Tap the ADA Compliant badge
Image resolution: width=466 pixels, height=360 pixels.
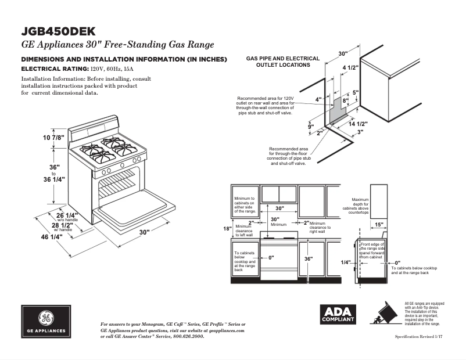tap(336, 315)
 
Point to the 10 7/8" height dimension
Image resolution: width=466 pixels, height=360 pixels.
tap(53, 138)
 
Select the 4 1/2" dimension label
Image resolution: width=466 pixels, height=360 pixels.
tap(350, 68)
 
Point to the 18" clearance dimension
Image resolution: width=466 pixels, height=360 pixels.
tap(227, 228)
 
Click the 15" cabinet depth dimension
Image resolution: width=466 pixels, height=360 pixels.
tap(379, 225)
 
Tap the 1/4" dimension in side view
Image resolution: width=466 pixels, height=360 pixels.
tap(345, 262)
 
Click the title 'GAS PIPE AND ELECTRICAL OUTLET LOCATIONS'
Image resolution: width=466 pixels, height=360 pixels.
tap(283, 62)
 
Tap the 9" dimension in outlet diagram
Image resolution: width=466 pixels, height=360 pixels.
tap(311, 127)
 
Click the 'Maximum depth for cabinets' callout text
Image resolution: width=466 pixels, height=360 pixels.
tap(360, 206)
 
